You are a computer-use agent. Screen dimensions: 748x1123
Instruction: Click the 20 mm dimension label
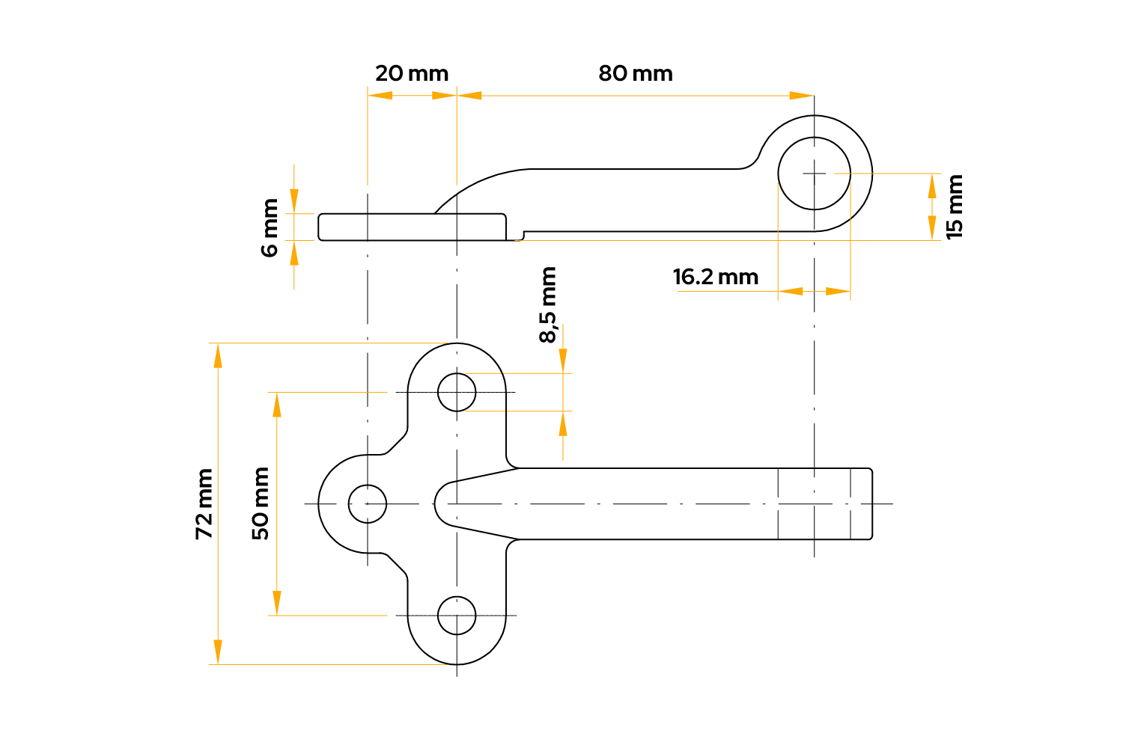click(412, 74)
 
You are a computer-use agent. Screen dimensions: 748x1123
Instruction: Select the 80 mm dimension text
click(636, 74)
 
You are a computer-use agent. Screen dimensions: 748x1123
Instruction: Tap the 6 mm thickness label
click(270, 227)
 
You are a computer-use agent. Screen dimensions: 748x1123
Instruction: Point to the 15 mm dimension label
click(955, 206)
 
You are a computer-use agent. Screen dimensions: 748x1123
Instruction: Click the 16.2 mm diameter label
click(716, 278)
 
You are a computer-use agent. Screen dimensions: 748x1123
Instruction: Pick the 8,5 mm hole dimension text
click(548, 305)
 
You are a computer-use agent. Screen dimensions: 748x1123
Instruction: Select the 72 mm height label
click(204, 503)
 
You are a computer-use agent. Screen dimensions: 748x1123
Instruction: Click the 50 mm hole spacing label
click(261, 503)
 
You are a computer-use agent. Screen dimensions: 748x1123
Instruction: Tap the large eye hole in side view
click(815, 174)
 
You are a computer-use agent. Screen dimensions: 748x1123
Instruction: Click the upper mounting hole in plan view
click(457, 392)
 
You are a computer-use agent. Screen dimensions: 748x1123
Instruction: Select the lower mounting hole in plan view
click(457, 616)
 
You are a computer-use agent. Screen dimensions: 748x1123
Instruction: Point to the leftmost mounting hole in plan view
click(368, 503)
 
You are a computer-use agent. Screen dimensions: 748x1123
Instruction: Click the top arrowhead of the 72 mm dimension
click(218, 355)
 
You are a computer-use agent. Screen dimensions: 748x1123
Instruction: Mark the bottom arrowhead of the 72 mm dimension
click(218, 652)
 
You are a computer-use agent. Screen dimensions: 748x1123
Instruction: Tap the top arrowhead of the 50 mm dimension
click(277, 404)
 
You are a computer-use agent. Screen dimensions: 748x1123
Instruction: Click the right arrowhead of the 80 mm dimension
click(802, 96)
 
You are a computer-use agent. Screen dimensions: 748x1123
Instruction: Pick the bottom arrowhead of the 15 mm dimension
click(932, 228)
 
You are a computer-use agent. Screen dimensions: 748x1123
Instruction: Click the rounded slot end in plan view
click(443, 503)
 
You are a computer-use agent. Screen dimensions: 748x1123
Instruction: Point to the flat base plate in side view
click(412, 227)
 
